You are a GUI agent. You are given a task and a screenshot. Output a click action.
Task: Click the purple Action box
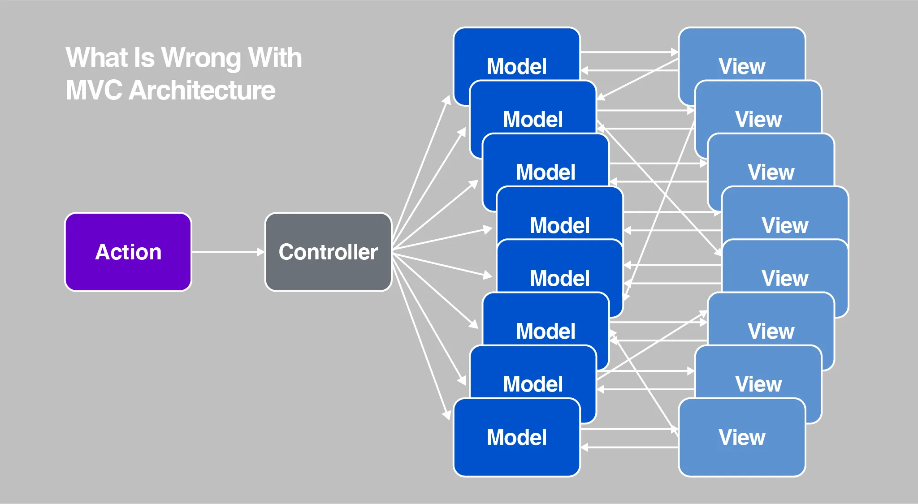tap(128, 252)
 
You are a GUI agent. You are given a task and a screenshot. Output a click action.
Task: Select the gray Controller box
tap(329, 252)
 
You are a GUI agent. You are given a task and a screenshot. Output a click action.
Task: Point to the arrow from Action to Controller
tap(228, 252)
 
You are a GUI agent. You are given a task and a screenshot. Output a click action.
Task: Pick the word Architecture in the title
tap(202, 90)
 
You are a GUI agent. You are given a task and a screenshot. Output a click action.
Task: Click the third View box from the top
tap(771, 161)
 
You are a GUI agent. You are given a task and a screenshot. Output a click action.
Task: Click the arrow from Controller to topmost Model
tap(421, 172)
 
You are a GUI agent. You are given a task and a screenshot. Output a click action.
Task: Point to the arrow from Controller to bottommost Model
tap(421, 336)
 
